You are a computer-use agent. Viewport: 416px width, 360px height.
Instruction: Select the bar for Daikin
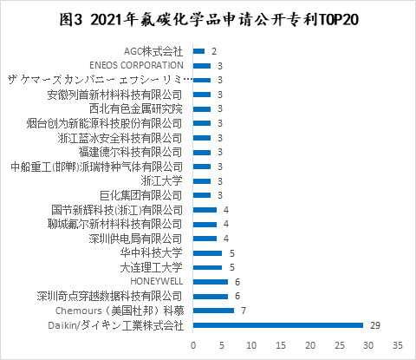point(277,325)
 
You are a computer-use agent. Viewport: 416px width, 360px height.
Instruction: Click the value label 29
point(375,325)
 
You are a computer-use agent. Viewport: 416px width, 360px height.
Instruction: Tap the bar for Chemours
point(213,311)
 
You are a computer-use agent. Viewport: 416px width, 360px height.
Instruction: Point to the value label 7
point(244,311)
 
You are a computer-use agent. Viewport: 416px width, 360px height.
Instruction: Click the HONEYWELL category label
point(156,282)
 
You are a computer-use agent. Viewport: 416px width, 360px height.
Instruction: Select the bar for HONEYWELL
point(210,282)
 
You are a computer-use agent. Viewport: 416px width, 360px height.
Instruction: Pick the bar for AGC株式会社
point(198,51)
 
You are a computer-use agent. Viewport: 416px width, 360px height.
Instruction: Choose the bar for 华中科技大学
point(207,253)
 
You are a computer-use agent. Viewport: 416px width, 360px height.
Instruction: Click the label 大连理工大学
point(152,267)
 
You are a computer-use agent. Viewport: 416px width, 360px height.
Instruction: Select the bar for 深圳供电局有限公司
point(205,239)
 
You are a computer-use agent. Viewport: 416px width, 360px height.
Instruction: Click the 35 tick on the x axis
point(398,344)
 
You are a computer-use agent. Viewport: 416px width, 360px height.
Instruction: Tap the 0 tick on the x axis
point(192,344)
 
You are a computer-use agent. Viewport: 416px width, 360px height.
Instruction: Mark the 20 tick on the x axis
point(309,344)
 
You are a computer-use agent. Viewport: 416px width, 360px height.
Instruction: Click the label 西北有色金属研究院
point(142,108)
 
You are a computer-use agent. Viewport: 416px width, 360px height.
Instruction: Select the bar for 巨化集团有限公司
point(201,195)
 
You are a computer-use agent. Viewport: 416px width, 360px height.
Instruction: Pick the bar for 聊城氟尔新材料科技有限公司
point(205,224)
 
